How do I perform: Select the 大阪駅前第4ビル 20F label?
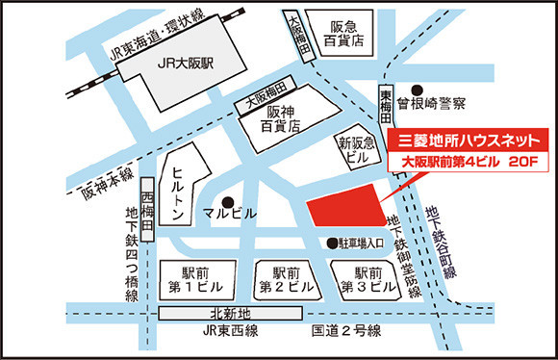[x=468, y=162]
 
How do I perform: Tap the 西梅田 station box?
[x=147, y=205]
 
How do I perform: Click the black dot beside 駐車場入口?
[x=331, y=243]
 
